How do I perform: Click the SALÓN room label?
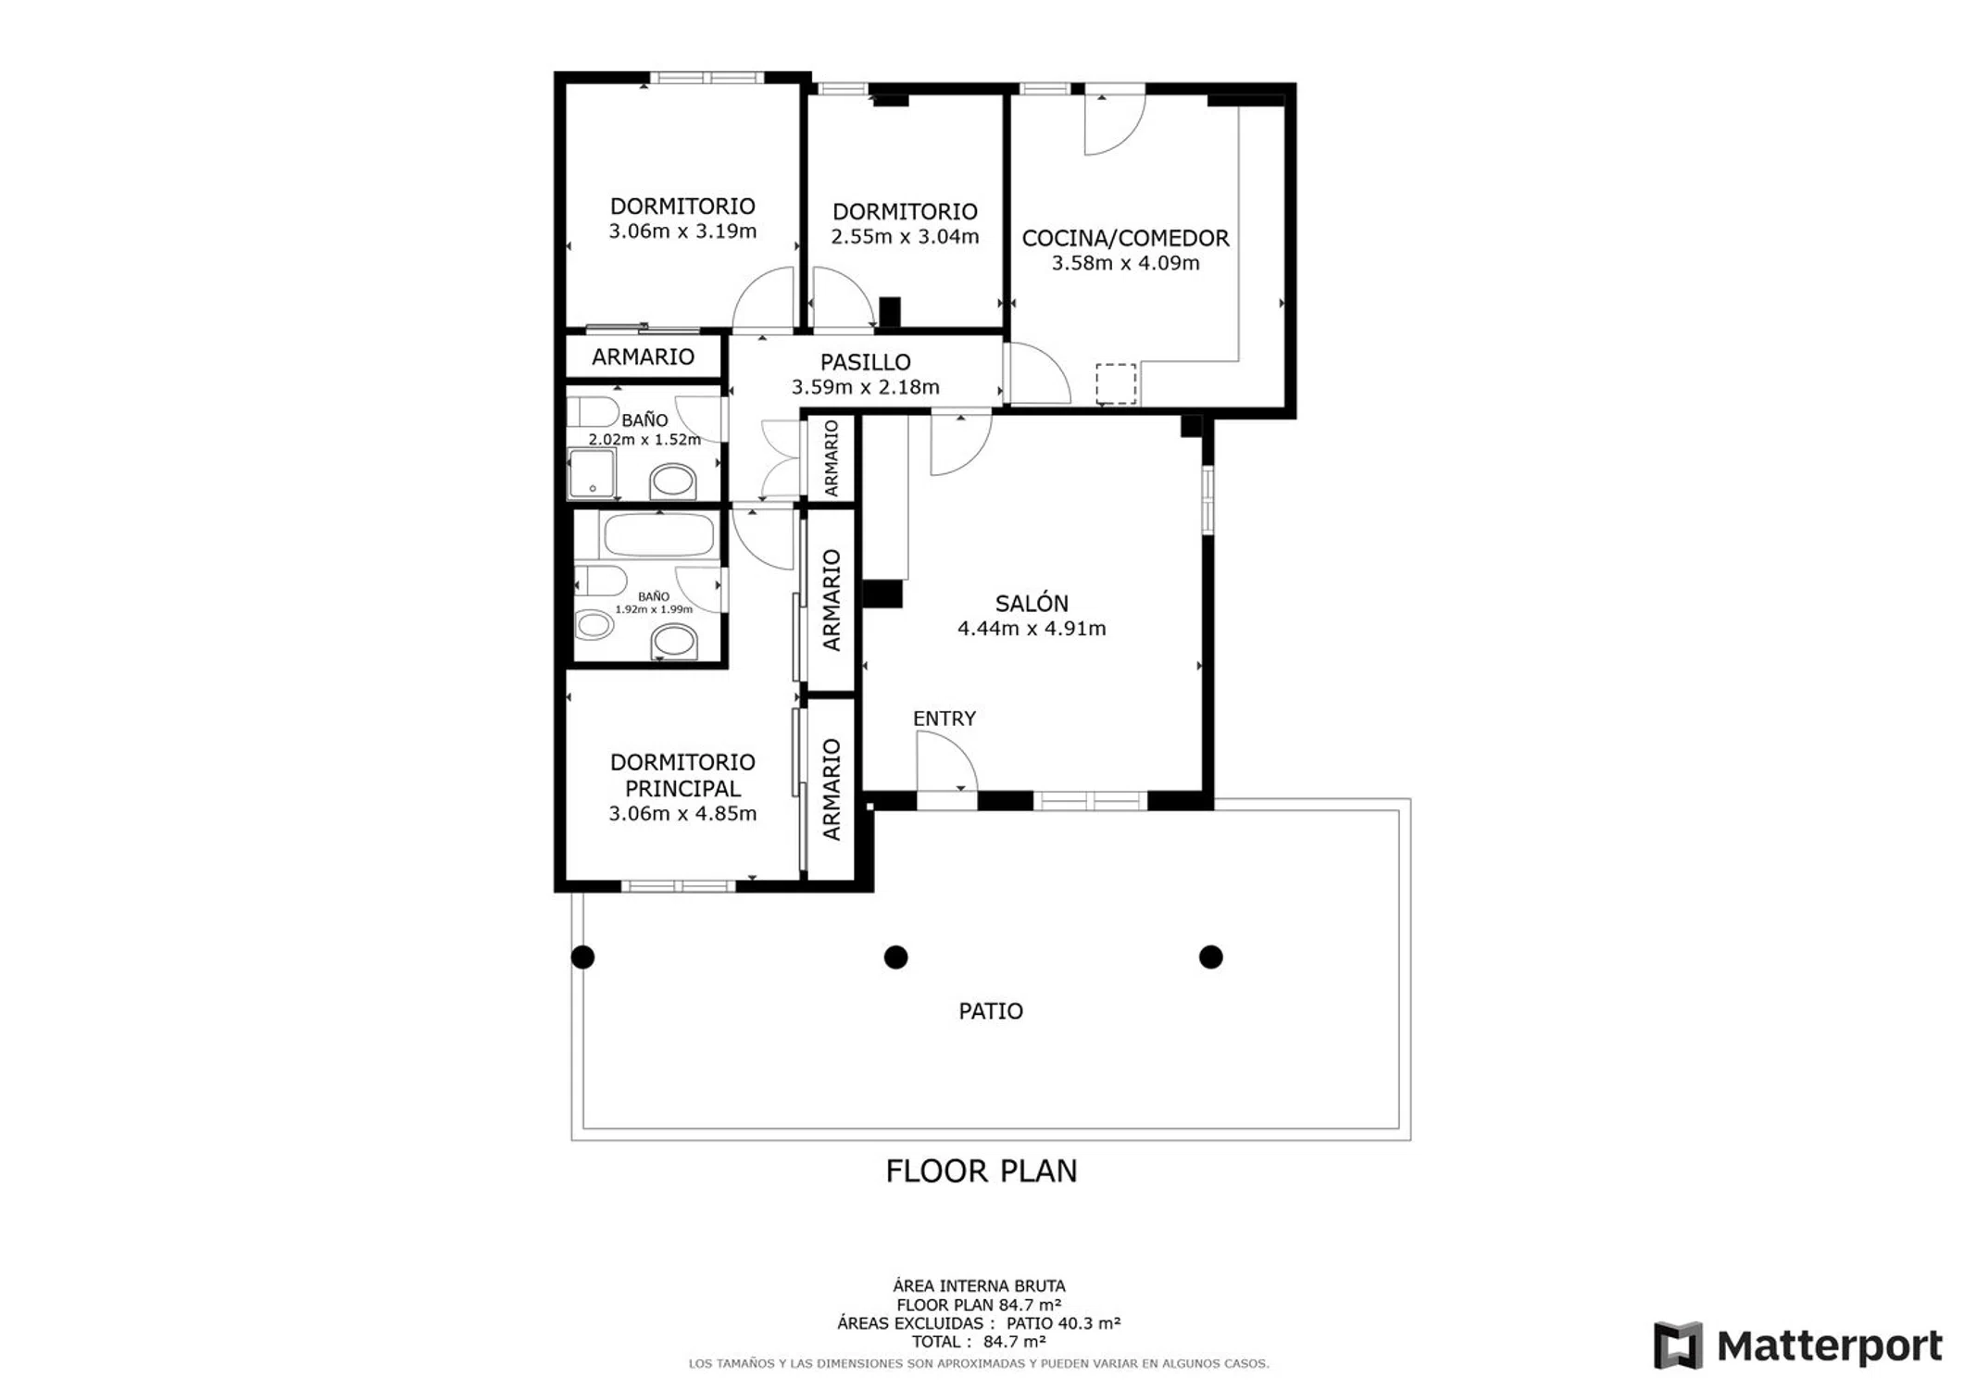1032,604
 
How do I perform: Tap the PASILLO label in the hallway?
865,362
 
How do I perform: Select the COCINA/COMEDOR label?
1125,238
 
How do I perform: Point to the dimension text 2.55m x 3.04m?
905,237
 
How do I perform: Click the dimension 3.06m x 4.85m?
682,814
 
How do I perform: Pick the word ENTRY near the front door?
944,719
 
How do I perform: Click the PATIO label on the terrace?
991,1011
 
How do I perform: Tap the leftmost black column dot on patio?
582,957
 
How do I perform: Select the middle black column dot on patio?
895,957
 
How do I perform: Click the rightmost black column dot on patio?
1210,957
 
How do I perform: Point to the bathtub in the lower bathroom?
658,535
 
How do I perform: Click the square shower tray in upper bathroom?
592,473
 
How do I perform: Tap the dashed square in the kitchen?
1116,384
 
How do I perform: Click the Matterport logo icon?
1678,1345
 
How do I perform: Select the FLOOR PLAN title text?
982,1171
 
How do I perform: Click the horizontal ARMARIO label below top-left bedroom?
643,357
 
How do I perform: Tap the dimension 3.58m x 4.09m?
1125,263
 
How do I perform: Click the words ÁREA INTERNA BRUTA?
979,1286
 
